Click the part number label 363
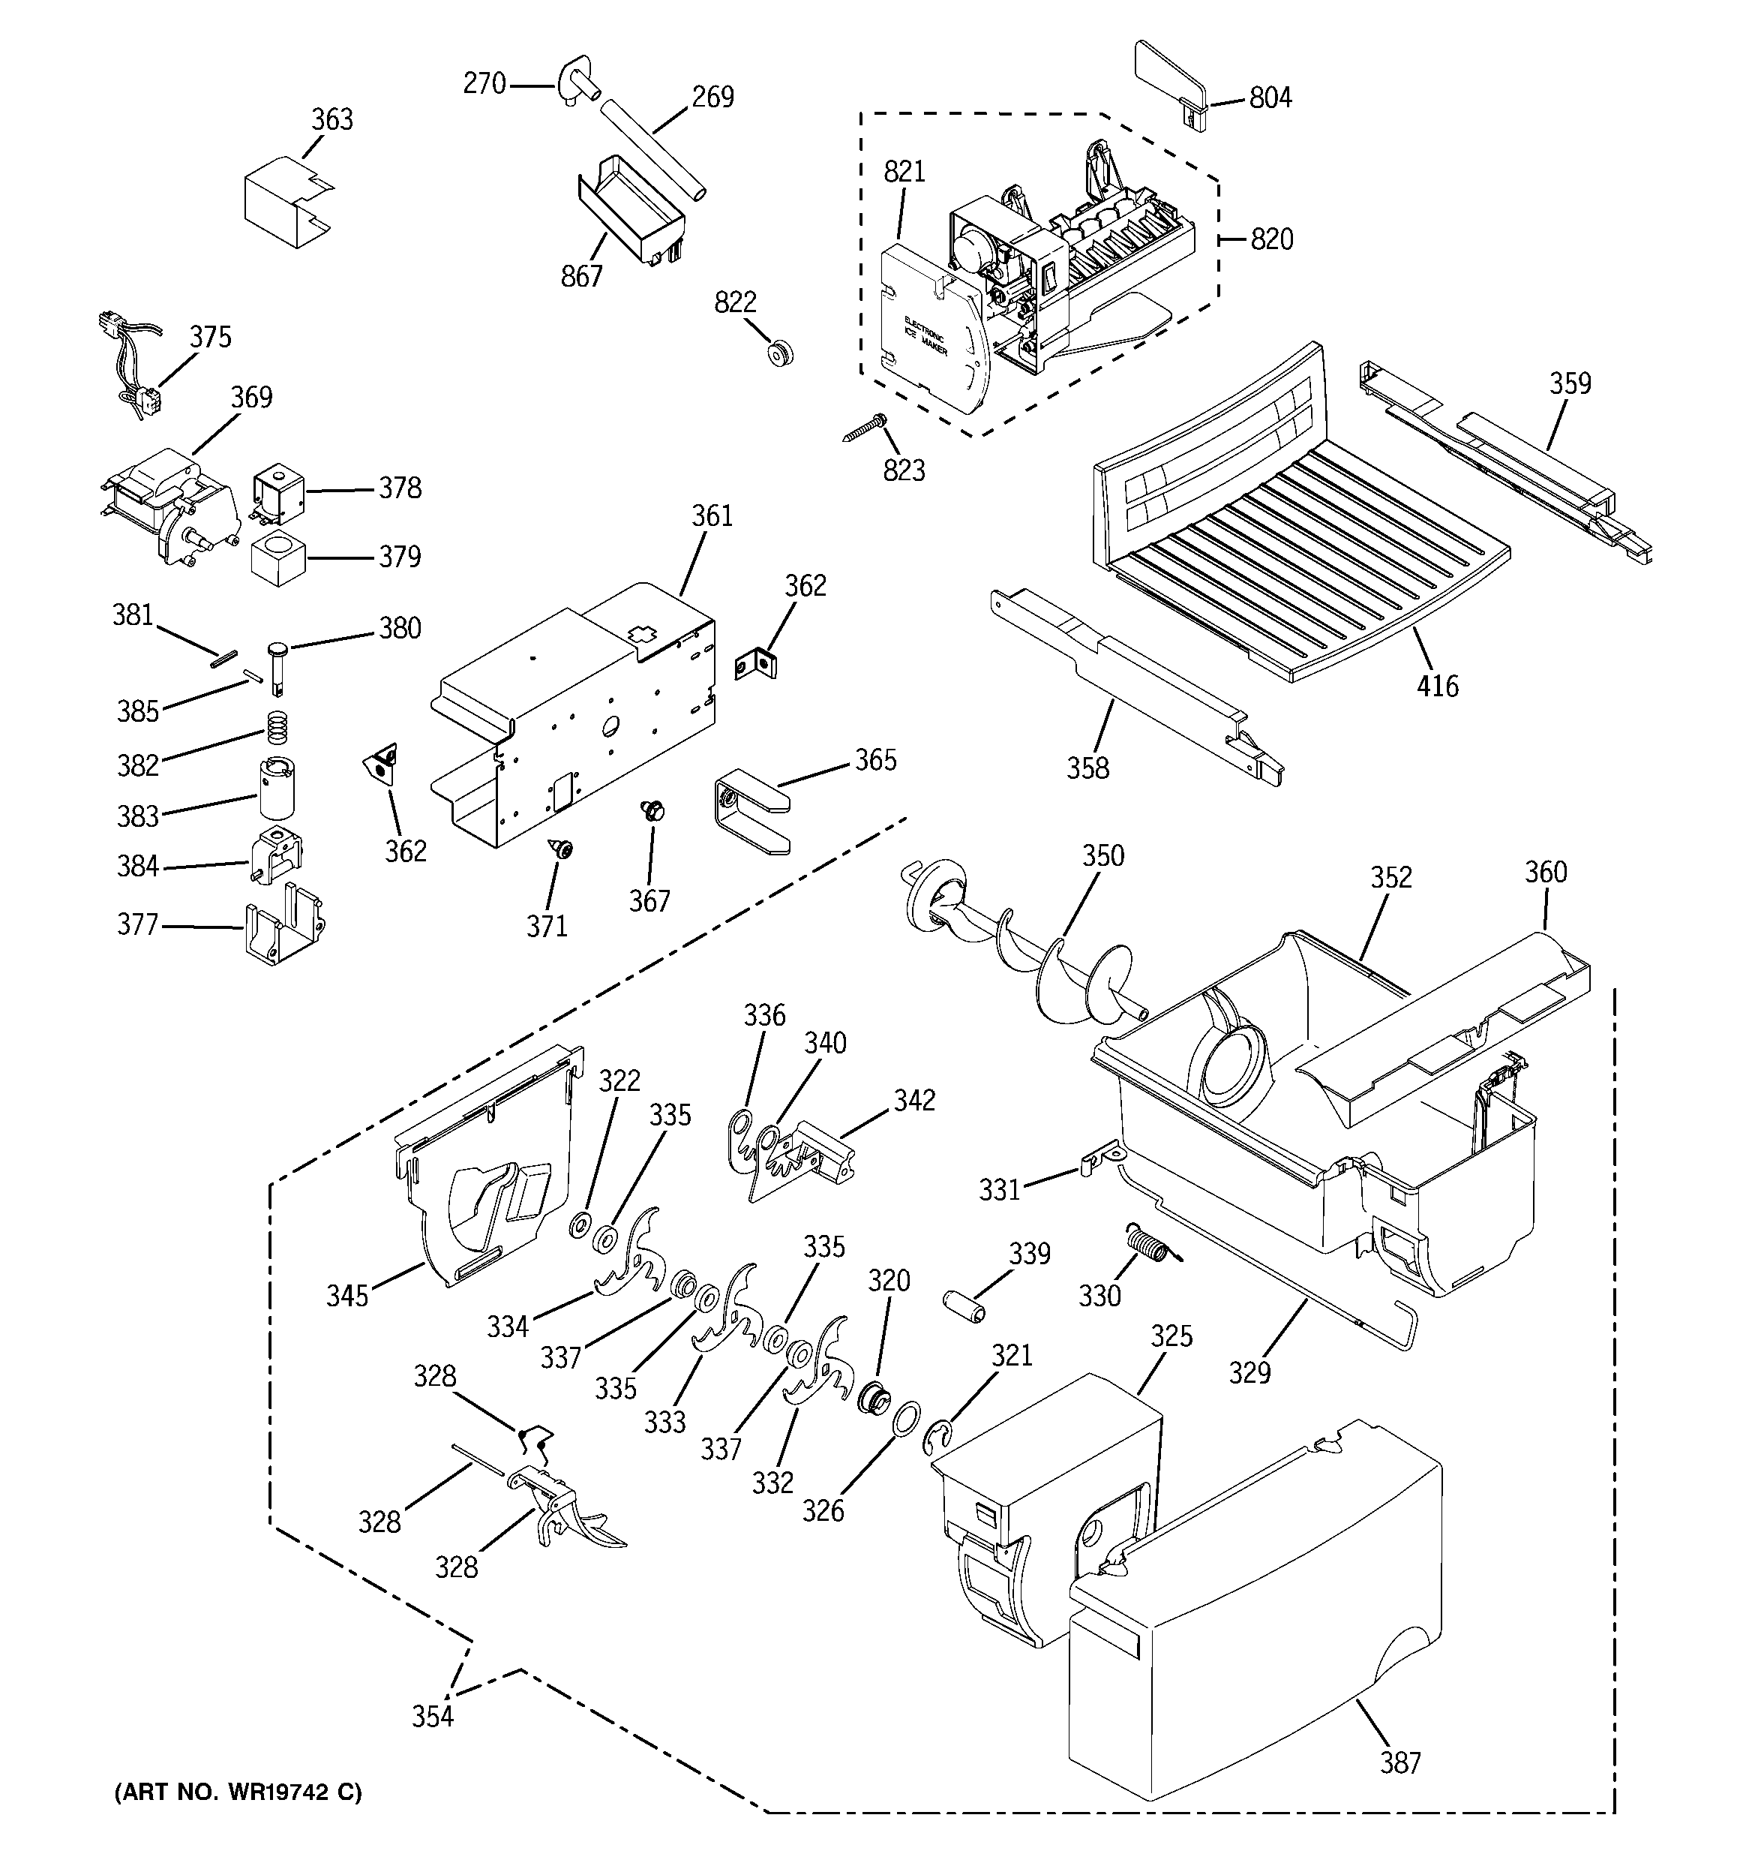tap(331, 119)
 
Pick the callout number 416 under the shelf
tap(1436, 687)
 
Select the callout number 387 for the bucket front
tap(1400, 1762)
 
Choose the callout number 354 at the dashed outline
tap(433, 1716)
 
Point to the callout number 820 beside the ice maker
tap(1272, 239)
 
